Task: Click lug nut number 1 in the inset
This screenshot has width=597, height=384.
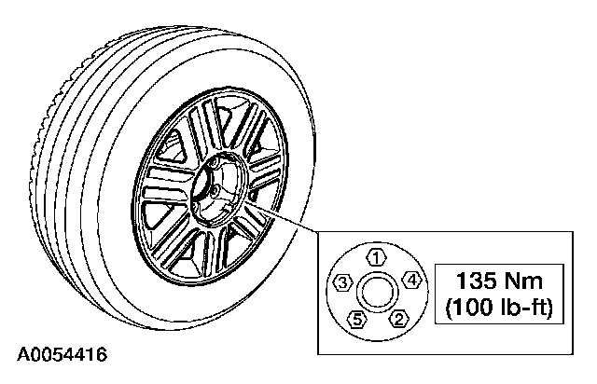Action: (x=375, y=255)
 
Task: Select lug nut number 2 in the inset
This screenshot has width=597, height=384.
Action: (x=400, y=320)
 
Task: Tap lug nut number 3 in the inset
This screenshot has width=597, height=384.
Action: (x=343, y=282)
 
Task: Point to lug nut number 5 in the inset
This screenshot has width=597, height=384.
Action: (x=355, y=321)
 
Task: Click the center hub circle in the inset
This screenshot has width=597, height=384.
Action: (x=376, y=293)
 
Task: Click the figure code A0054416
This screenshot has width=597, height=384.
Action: (x=62, y=354)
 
